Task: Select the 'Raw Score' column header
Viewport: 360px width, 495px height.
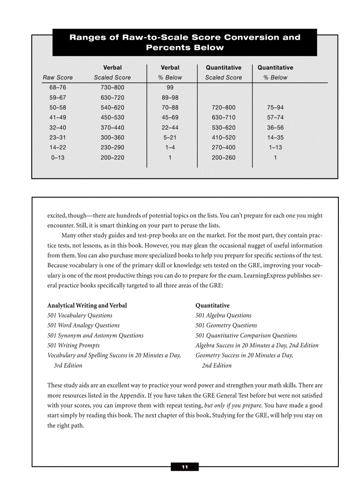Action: coord(58,78)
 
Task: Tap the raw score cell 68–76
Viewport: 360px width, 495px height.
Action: coord(58,88)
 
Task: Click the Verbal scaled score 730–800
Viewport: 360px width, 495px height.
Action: coord(112,88)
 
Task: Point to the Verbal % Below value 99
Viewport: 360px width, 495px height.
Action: coord(170,88)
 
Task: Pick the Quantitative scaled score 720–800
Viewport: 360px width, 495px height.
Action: coord(224,108)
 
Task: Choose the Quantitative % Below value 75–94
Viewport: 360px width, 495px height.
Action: coord(275,108)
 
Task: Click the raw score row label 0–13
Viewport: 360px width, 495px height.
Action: coord(58,158)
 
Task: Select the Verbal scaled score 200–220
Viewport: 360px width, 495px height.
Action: coord(112,158)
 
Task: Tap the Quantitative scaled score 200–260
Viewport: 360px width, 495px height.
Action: coord(224,158)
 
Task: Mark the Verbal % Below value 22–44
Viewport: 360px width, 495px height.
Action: coord(170,128)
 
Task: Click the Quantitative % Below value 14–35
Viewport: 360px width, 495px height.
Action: coord(275,138)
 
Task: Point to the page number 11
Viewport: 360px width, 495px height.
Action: coord(184,467)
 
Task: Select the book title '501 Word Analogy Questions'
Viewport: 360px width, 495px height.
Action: coord(83,326)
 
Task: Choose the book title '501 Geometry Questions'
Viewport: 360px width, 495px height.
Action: coord(226,326)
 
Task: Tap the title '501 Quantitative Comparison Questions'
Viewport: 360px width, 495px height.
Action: coord(246,336)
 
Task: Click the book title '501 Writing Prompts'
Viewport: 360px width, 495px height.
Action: coord(73,346)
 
